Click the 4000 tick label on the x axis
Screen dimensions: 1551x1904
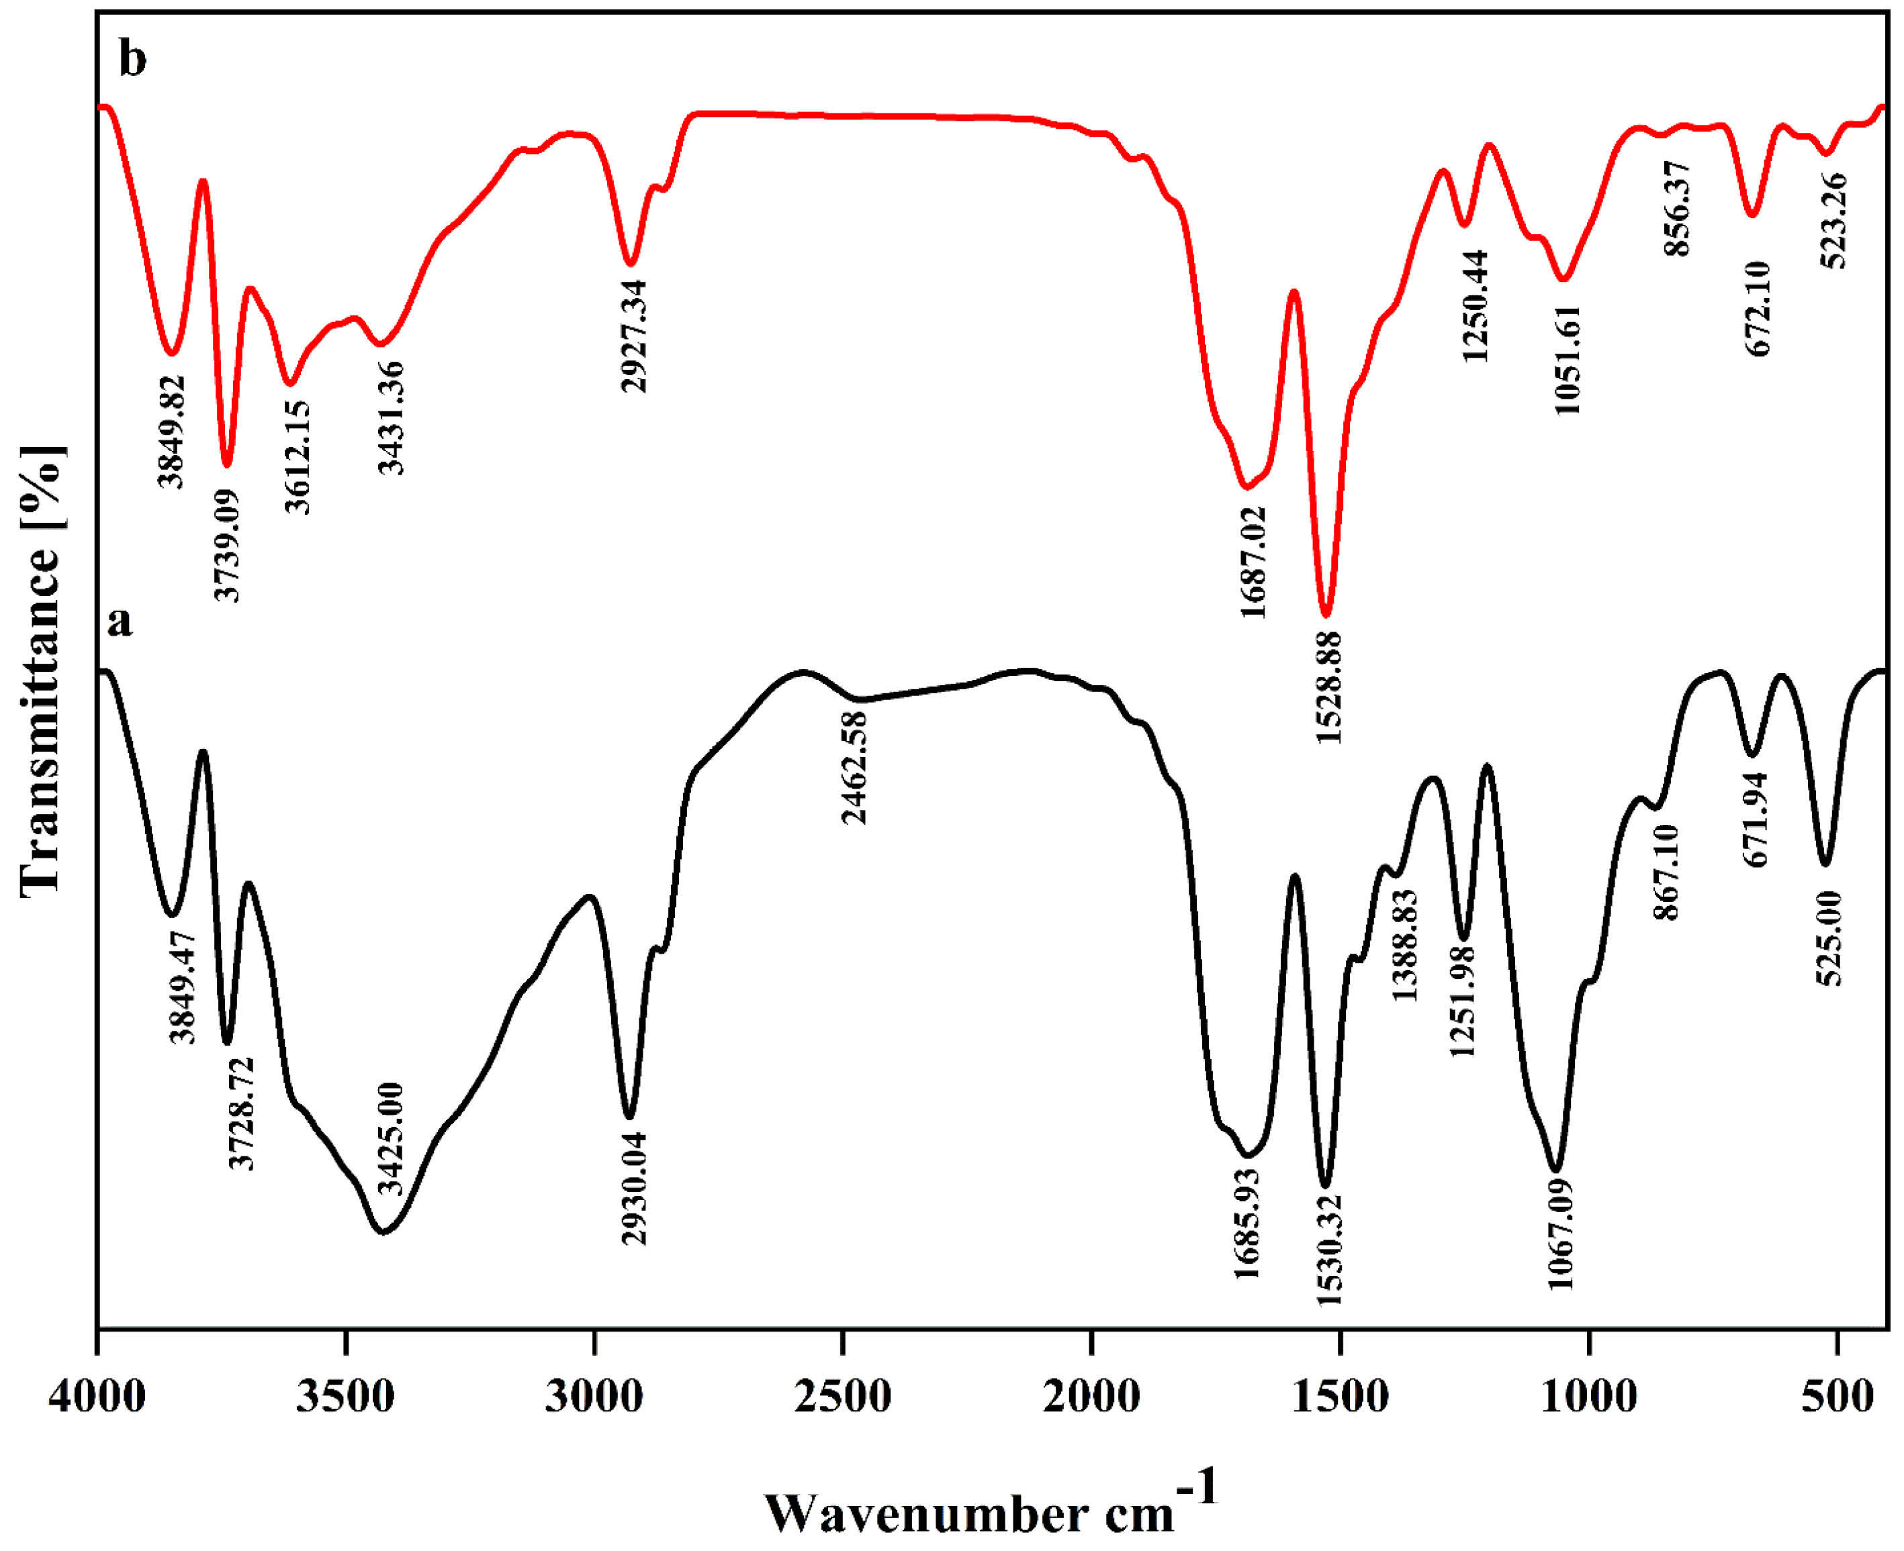pos(97,1397)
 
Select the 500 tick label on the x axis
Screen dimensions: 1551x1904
pos(1836,1397)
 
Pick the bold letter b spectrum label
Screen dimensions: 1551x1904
pos(132,61)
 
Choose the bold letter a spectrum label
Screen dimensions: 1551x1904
pos(119,621)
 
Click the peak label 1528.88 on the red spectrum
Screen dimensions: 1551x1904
pos(1328,687)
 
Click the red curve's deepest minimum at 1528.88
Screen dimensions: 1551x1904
pos(1326,615)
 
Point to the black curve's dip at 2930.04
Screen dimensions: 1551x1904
pos(629,1117)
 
